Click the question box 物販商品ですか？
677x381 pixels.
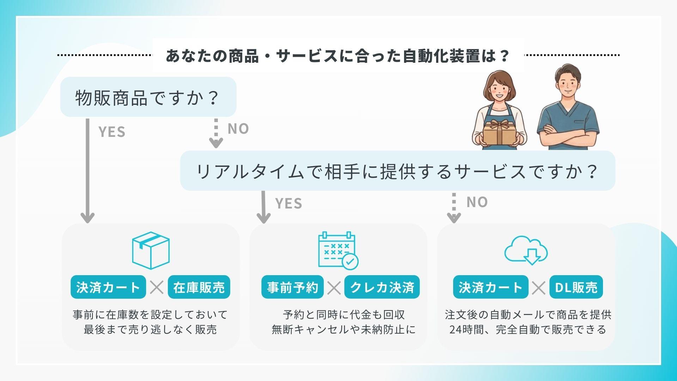point(148,97)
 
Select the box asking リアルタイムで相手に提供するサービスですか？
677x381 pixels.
point(397,171)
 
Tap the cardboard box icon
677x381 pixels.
point(151,250)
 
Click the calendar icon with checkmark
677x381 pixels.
point(338,250)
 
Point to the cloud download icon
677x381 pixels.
point(526,250)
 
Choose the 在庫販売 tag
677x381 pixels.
point(199,287)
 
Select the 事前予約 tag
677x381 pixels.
point(292,287)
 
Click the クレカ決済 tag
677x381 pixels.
point(382,287)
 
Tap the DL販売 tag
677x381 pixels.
point(576,287)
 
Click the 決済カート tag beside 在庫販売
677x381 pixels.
point(108,287)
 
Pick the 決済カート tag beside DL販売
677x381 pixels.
point(491,287)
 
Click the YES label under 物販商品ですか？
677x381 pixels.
point(112,132)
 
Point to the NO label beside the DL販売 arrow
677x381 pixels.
point(477,202)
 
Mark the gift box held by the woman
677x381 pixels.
point(498,132)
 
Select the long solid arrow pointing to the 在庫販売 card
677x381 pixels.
point(87,171)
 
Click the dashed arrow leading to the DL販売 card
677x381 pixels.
point(454,208)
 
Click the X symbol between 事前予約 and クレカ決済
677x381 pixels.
point(334,287)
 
